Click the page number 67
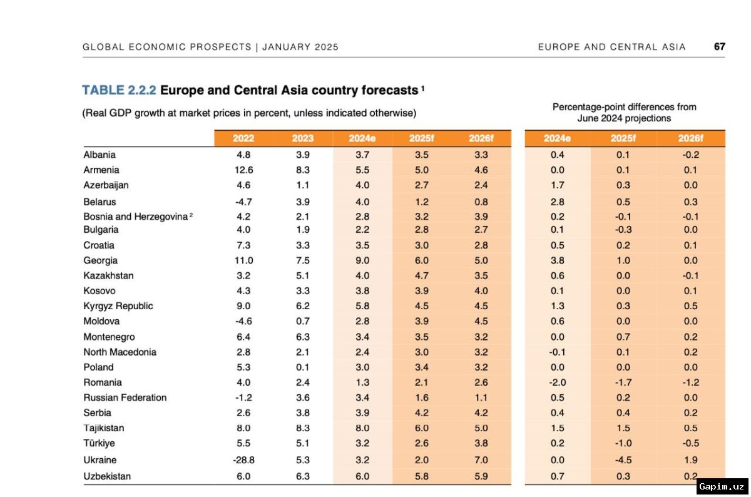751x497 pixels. (x=719, y=47)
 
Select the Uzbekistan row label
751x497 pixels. (x=107, y=476)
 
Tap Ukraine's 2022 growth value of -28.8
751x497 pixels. (x=243, y=459)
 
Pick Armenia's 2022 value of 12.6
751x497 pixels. (x=243, y=170)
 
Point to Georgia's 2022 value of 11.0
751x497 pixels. (x=243, y=260)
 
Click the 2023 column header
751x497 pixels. (x=303, y=138)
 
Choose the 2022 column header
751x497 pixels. (x=243, y=138)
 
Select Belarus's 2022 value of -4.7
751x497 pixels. (x=243, y=202)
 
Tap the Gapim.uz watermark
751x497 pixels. (x=722, y=486)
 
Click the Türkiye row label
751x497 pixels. (x=99, y=443)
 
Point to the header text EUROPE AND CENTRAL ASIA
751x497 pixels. (x=611, y=47)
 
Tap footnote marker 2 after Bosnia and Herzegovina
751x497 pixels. (x=191, y=215)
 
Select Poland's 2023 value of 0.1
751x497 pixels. (x=303, y=367)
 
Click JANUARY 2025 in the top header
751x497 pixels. (x=300, y=47)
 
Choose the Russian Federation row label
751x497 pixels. (x=125, y=397)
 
